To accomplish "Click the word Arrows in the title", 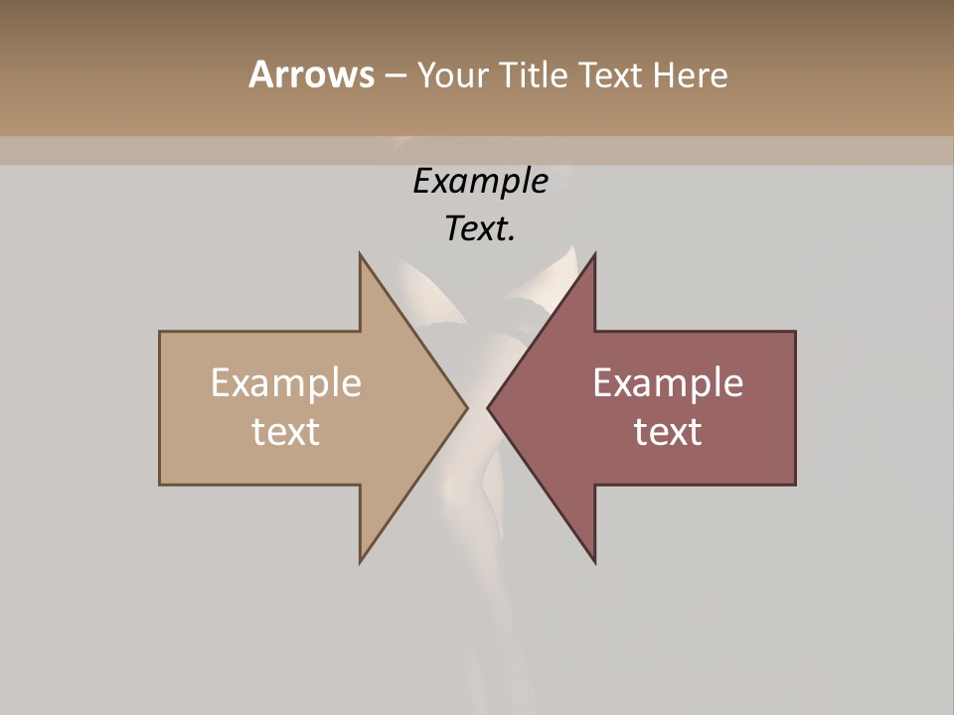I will [311, 74].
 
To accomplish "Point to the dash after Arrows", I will [395, 75].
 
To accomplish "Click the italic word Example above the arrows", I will [480, 181].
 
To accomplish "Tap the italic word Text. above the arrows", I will [480, 229].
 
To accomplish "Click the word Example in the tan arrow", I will [286, 382].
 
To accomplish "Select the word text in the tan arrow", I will [286, 431].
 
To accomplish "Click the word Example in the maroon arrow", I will [668, 382].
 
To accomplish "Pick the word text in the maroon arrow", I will [668, 431].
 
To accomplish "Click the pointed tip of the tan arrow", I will [466, 407].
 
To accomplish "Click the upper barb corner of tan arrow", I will [361, 255].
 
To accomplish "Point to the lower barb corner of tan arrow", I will [361, 561].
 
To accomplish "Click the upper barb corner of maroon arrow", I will [594, 255].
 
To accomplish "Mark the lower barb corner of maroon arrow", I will [594, 561].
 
